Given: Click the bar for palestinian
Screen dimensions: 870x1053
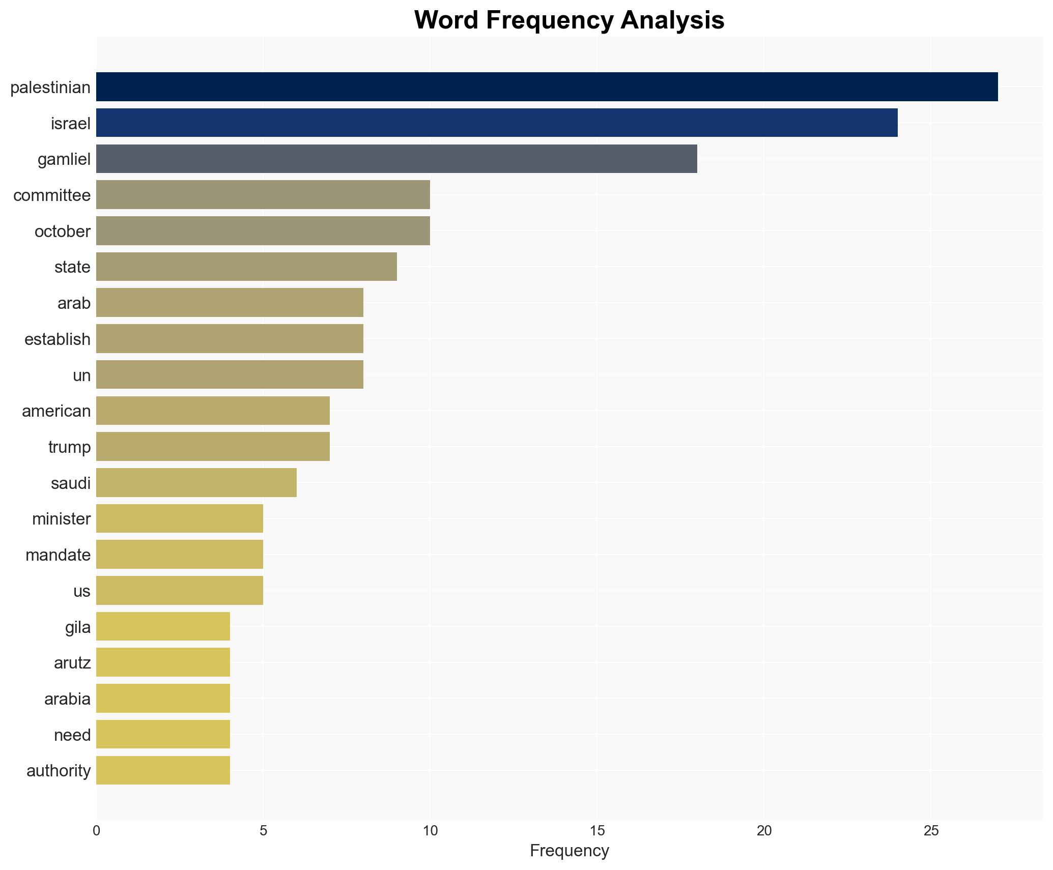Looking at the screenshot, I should coord(547,87).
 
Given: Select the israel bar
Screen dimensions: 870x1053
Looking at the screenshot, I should coord(497,123).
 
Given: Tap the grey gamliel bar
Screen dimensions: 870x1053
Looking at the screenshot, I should coord(396,159).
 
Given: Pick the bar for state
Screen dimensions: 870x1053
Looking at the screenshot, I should coord(246,267).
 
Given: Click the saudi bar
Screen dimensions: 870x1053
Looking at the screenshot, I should coord(196,482).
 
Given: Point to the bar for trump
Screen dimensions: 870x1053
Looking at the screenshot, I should coord(213,447).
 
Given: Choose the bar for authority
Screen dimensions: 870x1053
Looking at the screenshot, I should coord(163,770).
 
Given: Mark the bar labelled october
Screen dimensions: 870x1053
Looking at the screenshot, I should coord(263,231).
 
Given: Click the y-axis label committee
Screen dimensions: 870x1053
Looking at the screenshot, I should coord(52,195).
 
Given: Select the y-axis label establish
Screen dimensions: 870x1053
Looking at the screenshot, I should coord(58,339).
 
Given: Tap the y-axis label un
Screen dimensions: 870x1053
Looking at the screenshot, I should coord(81,375).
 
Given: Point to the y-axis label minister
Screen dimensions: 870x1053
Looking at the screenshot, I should coord(61,519).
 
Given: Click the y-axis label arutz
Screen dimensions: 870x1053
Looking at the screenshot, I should coord(72,663).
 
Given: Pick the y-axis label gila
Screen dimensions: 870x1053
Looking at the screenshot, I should coord(78,627).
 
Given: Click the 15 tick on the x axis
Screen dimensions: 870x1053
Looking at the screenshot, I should coord(597,831).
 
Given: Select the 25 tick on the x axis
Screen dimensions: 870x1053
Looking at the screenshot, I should coord(931,831).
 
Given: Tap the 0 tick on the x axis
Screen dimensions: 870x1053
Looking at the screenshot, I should coord(96,831).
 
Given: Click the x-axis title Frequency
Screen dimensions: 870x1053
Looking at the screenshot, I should coord(569,851).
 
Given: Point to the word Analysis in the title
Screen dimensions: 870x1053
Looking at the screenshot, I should coord(672,20).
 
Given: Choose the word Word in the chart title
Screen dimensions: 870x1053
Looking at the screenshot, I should coord(447,20).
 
